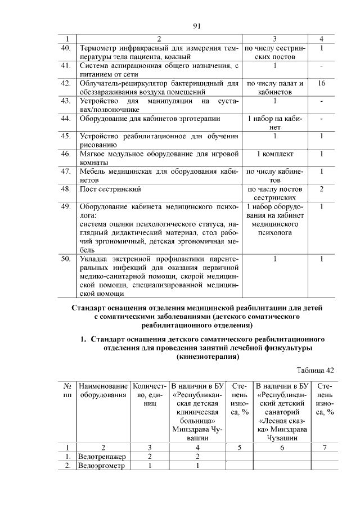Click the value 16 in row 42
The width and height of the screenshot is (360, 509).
[321, 84]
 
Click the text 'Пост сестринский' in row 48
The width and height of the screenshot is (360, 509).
[109, 190]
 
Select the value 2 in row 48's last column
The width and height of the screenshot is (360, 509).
[321, 190]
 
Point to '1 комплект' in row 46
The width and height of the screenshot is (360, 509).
[274, 154]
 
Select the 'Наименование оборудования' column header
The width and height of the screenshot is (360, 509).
[102, 390]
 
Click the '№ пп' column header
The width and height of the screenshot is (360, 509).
[67, 390]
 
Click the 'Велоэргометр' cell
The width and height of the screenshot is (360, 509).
[102, 466]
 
